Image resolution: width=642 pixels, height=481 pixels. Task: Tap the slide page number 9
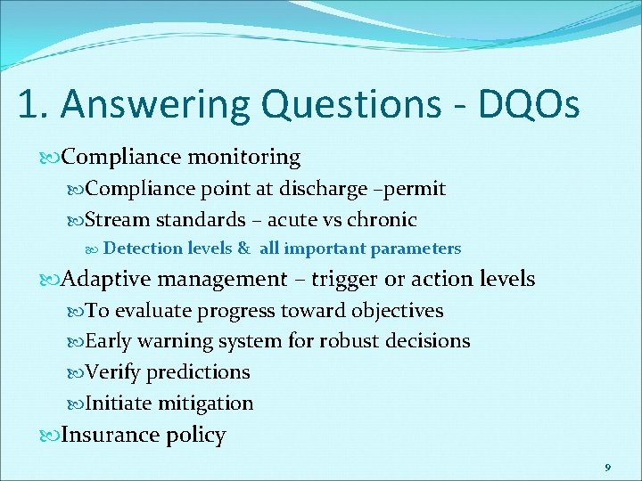607,467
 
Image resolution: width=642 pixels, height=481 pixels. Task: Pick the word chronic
382,219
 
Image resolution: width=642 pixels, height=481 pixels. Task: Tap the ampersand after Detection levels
243,249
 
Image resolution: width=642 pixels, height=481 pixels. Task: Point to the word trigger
342,280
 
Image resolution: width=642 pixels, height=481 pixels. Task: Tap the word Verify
112,372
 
